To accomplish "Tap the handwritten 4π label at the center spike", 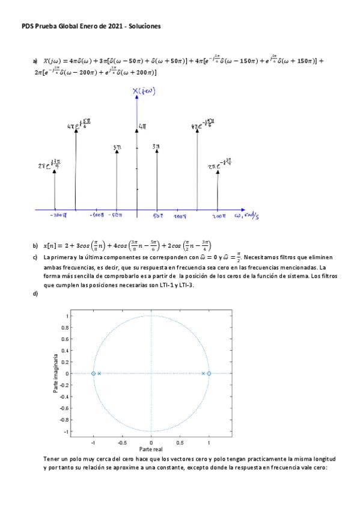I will [x=143, y=126].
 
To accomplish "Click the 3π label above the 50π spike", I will [x=156, y=146].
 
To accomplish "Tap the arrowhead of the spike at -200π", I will [x=55, y=171].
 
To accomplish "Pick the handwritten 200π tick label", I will [x=218, y=215].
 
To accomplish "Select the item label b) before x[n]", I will [x=35, y=245].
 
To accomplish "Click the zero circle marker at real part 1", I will [x=209, y=373].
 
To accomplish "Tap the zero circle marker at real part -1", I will [x=93, y=373].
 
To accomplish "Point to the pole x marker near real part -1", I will [x=99, y=373].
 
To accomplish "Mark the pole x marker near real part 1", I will [x=203, y=373].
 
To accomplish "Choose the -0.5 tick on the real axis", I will [x=121, y=441].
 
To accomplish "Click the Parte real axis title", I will [x=151, y=449].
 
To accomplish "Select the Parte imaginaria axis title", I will [x=55, y=373].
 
